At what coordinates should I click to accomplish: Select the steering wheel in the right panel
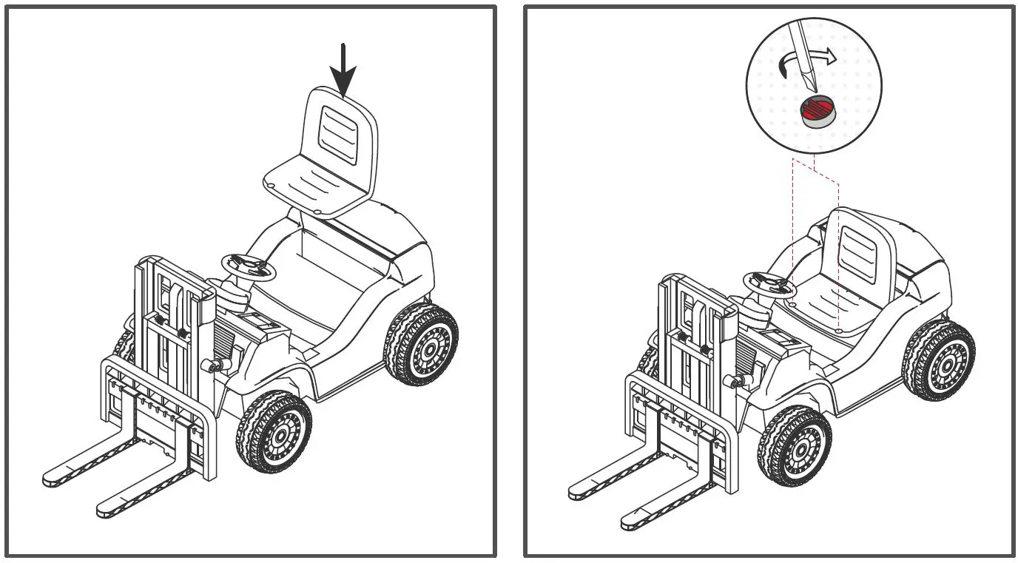coord(768,284)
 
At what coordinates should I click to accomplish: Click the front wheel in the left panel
coord(274,432)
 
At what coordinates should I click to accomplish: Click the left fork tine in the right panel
coord(607,481)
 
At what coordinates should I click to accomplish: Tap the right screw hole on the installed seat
coord(837,330)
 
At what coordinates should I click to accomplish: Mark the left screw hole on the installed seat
coord(792,303)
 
